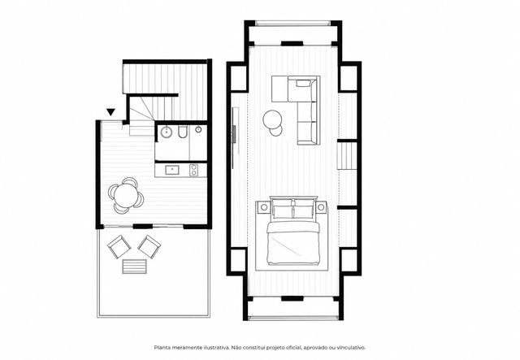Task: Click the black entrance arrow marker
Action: coord(110,112)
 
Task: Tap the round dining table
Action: coord(124,195)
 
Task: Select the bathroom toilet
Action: coord(182,132)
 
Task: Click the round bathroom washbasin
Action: coord(166,132)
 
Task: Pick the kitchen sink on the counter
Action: coord(172,170)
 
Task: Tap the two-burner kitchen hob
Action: coord(193,170)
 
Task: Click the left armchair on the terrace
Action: coord(119,247)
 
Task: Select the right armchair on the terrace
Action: coord(149,247)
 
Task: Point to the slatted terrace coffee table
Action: coord(135,267)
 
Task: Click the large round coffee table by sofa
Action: coord(273,119)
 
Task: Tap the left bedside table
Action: coord(263,207)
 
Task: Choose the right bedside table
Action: coord(321,207)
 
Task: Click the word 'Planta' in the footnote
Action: coord(161,348)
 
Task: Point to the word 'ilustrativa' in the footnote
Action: coord(217,348)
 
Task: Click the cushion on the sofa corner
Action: coord(302,83)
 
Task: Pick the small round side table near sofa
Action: coord(276,131)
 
